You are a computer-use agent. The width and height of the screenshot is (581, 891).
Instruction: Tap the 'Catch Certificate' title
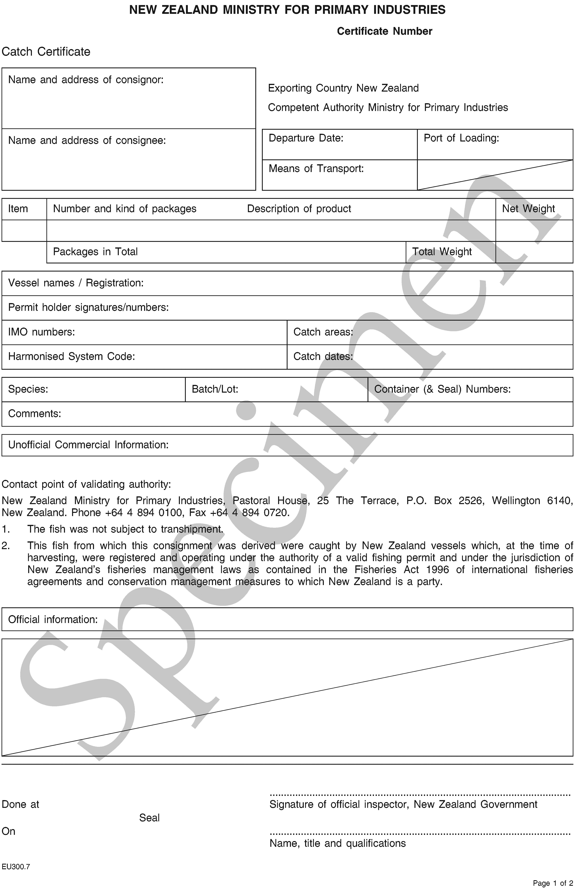point(46,52)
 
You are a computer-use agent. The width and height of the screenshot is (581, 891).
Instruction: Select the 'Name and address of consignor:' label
point(86,80)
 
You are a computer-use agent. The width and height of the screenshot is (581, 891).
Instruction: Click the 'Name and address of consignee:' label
point(87,140)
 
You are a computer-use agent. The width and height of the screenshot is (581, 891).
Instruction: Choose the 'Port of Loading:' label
point(461,138)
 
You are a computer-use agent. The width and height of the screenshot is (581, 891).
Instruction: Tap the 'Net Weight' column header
point(528,208)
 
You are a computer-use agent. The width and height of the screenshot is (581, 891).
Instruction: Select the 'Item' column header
point(18,208)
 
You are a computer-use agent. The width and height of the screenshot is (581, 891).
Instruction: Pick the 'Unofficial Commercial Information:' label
point(88,445)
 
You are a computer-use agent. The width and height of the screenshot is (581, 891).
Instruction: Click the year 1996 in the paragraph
point(438,569)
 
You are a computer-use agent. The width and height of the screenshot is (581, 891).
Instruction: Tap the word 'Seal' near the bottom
point(150,818)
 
